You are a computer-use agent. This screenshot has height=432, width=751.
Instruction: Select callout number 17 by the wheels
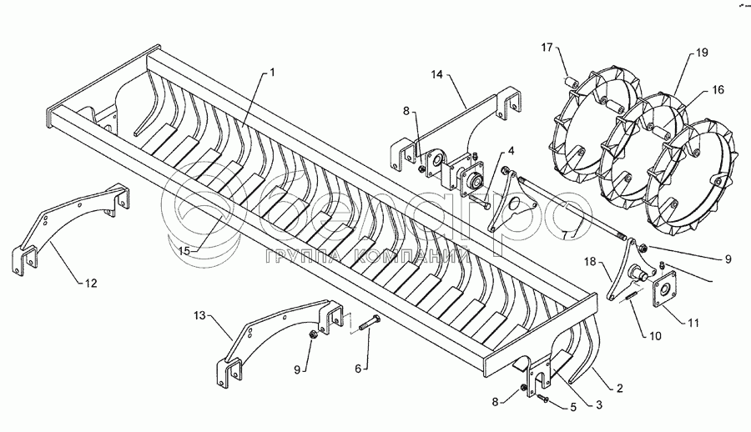click(x=547, y=48)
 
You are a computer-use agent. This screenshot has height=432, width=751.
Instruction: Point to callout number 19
click(x=701, y=53)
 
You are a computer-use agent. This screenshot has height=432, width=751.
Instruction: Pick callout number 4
click(x=510, y=151)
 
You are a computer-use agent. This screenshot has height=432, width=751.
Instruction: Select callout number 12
click(x=91, y=284)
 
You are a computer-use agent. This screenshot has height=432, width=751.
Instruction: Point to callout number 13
click(x=199, y=315)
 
